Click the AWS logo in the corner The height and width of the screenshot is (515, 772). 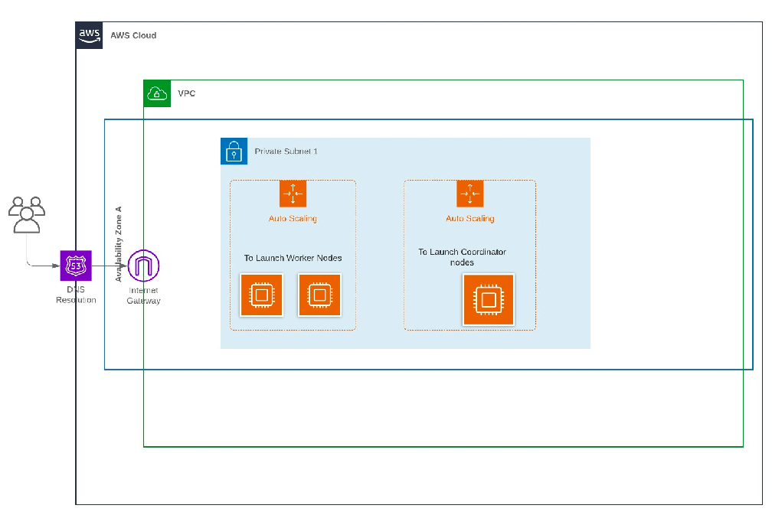point(89,35)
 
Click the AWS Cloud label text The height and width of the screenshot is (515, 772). point(133,35)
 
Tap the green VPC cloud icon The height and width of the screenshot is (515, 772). point(157,93)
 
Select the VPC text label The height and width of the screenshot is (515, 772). point(186,93)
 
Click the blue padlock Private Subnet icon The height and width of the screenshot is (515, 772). point(234,152)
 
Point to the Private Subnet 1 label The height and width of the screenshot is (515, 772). point(286,152)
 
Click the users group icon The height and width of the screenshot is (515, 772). point(27,214)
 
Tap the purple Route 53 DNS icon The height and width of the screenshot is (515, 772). point(76,266)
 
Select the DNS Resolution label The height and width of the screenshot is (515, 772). point(76,295)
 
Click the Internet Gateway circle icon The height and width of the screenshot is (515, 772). point(143,266)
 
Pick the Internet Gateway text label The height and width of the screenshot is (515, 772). point(143,296)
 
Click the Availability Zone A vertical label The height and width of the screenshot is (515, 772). point(119,243)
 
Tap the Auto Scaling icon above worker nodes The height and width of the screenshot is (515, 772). point(293,194)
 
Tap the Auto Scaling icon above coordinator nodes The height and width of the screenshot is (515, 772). point(470,194)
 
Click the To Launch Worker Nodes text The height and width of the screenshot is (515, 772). point(293,258)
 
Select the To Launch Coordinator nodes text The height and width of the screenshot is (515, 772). point(462,257)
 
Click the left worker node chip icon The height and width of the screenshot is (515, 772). point(261,295)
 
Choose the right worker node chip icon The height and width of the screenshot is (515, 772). point(319,295)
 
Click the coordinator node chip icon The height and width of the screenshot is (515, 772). point(489,299)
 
